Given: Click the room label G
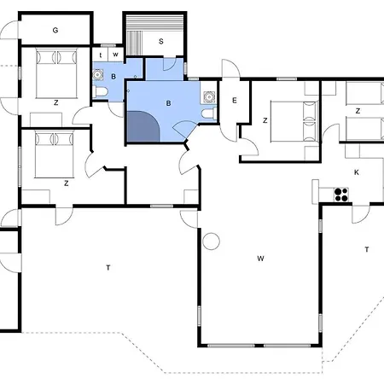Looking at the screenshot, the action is (55, 30).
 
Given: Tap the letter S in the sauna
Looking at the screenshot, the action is (161, 42).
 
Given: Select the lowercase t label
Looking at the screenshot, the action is (101, 55).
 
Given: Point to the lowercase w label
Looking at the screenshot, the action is (115, 55).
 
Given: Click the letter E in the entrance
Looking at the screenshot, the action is (235, 100).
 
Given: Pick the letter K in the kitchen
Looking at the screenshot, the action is (357, 172).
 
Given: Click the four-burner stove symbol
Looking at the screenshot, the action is (341, 195).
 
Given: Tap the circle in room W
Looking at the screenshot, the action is (211, 241).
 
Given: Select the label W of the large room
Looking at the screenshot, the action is (260, 259).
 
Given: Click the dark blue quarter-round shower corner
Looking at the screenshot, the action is (142, 127).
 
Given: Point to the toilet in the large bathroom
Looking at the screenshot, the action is (209, 113).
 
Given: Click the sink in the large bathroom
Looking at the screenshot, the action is (209, 96).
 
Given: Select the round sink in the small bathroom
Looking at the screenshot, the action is (97, 74).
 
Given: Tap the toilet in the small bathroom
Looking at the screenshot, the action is (100, 92).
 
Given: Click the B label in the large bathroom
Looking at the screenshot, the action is (168, 103).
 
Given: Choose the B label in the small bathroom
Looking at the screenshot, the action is (113, 77).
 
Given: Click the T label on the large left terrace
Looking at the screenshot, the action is (108, 268).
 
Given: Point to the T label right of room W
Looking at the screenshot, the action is (367, 249).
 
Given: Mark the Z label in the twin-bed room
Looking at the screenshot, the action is (358, 111).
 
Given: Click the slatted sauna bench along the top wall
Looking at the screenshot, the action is (155, 21).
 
